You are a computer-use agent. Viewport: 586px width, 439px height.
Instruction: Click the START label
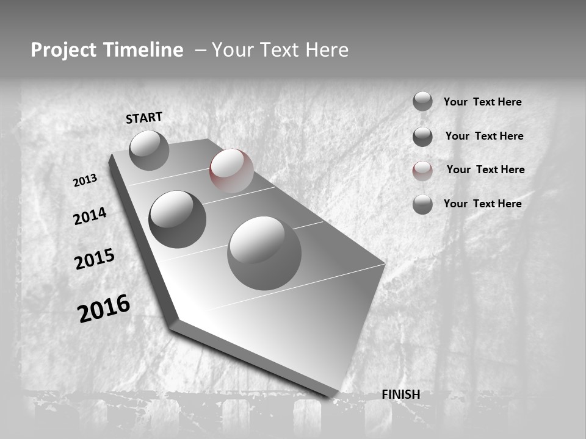tap(144, 118)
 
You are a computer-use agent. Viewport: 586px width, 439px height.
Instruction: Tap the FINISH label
tap(400, 394)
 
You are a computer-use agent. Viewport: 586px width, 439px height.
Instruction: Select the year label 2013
tap(85, 180)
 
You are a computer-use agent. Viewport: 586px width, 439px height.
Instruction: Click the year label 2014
tap(90, 216)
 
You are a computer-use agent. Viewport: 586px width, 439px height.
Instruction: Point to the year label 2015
tap(95, 259)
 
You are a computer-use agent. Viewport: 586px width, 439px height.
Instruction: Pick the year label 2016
tap(104, 309)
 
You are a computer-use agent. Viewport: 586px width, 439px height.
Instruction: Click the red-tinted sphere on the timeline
tap(231, 171)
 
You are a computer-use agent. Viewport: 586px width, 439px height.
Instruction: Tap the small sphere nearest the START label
tap(149, 150)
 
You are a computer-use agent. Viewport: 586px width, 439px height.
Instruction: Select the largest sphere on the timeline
tap(264, 252)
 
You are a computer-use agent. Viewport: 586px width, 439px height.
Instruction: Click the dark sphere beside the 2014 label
tap(177, 219)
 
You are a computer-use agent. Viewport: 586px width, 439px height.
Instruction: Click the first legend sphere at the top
tap(422, 101)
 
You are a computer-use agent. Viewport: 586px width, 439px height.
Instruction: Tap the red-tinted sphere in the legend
tap(422, 171)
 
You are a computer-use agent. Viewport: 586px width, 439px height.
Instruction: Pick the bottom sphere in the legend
tap(422, 204)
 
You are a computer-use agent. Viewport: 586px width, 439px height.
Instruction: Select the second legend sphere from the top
tap(422, 137)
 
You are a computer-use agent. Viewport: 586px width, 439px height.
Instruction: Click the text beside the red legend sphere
tap(485, 170)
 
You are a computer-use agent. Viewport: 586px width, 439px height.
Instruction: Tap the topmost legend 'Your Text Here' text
tap(482, 102)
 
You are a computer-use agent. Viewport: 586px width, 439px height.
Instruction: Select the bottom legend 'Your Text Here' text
tap(482, 204)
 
